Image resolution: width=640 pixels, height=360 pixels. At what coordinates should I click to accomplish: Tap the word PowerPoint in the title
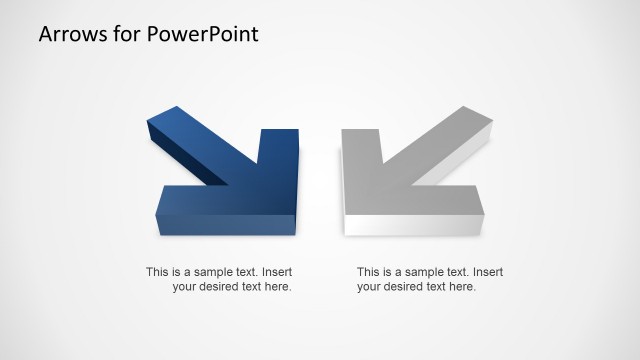202,34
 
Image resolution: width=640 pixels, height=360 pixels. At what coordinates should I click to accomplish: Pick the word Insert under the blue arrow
275,271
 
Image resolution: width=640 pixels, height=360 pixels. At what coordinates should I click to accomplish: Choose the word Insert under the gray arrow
486,271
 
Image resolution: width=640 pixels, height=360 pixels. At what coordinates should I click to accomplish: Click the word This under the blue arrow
157,271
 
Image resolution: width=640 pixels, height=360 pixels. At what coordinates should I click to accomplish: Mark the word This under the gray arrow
368,271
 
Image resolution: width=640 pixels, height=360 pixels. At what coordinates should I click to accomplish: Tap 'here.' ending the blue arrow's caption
277,287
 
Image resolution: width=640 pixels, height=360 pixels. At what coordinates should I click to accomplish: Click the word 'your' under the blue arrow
184,287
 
